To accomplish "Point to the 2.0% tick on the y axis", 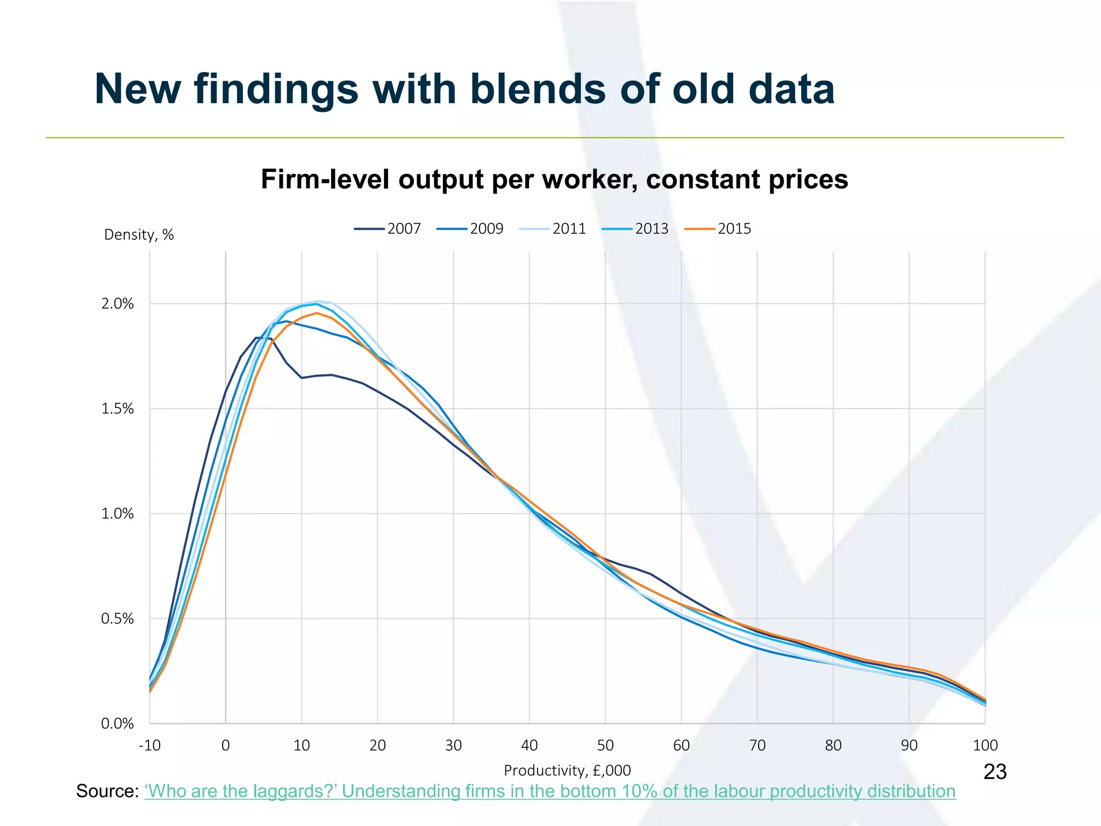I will tap(117, 304).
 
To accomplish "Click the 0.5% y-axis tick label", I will tap(117, 619).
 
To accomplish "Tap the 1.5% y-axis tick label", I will tap(117, 409).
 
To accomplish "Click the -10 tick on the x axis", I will tap(149, 745).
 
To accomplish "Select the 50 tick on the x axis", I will tap(605, 745).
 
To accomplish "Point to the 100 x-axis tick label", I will tap(985, 745).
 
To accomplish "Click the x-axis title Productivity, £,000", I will tap(567, 771).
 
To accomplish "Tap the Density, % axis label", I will tap(139, 235).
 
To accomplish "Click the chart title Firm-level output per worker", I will tap(554, 179).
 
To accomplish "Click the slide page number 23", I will tap(995, 772).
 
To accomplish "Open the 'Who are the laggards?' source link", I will tap(549, 791).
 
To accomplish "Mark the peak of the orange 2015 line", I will tap(317, 312).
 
